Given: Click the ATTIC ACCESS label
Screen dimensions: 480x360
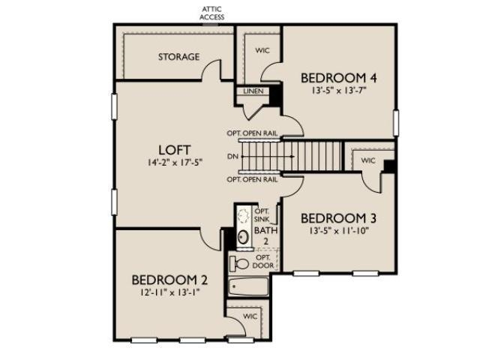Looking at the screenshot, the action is coord(211,13).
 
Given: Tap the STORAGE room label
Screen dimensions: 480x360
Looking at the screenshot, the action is coord(178,57).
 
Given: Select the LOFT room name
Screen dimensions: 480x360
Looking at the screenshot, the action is coord(175,150).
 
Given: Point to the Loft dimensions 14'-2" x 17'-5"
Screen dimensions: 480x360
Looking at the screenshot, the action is coord(175,162).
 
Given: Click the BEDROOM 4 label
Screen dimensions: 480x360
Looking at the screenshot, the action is coord(338,78).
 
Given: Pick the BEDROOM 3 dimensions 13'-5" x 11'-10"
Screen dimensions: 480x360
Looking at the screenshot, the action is coord(338,230).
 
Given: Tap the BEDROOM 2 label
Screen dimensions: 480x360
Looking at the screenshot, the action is coord(169,280).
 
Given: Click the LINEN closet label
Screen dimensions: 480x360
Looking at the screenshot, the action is coord(253,91).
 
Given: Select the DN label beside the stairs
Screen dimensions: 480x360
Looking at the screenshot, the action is coord(232,157).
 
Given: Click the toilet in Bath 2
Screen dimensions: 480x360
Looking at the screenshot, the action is coord(239,264).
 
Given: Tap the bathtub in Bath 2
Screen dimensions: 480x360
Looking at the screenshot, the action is coord(248,286).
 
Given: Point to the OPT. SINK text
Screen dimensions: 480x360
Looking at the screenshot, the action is coord(262,215).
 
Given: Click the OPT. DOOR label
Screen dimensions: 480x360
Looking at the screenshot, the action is coord(263,262).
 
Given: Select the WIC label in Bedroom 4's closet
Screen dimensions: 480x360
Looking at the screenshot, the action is coord(262,50).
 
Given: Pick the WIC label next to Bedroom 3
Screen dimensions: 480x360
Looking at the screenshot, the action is coord(368,160).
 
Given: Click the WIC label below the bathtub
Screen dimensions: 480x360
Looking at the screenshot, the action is coord(250,316).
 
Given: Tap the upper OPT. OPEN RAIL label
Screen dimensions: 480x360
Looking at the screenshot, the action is coord(252,133).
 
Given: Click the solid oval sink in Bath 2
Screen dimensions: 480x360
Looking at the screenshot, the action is coord(243,237).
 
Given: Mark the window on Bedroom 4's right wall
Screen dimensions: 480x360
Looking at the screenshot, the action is coord(396,123).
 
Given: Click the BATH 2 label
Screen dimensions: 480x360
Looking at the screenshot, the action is coord(265,235).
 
